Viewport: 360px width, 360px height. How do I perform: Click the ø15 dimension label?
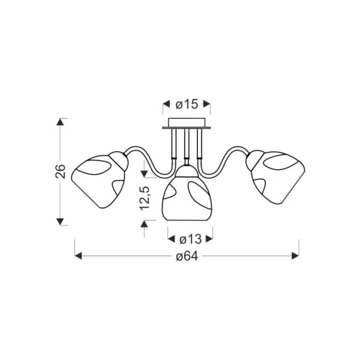[x=186, y=104]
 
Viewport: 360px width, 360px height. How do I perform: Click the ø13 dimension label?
[x=190, y=239]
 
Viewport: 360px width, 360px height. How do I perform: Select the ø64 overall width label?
[x=187, y=256]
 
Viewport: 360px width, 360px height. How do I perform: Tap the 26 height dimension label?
[x=60, y=171]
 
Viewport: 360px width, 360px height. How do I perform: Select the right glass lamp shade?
[x=275, y=177]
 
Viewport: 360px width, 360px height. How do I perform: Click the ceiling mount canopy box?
[x=186, y=123]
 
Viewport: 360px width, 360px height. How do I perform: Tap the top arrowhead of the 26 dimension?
[x=60, y=122]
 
